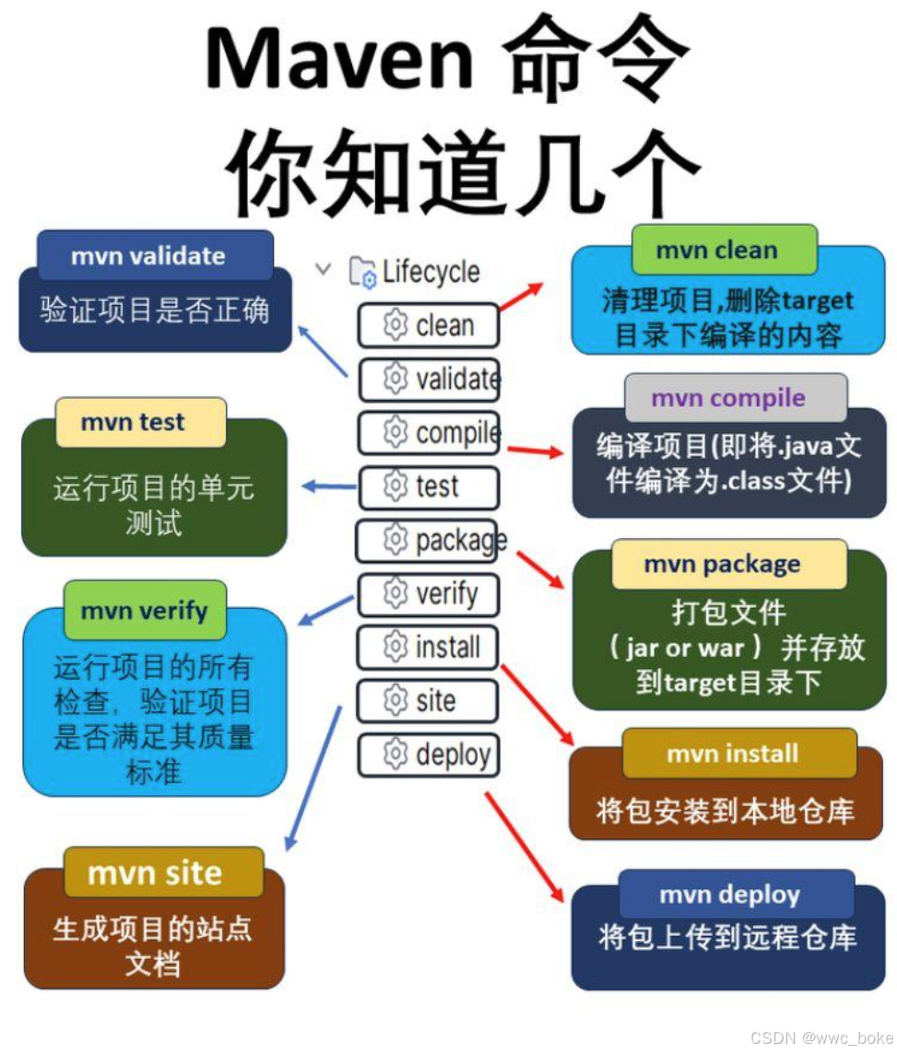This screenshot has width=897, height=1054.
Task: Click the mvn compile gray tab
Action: coord(735,398)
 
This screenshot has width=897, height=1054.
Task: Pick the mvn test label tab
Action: coord(140,422)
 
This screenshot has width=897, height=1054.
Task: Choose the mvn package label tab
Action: coord(728,564)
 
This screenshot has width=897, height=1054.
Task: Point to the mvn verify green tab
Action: coord(145,610)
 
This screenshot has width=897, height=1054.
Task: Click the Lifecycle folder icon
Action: coord(362,273)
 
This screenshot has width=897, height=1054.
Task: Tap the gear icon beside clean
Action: coord(395,325)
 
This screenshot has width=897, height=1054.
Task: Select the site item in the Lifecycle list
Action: coord(428,701)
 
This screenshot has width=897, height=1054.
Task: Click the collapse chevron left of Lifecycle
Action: coord(323,270)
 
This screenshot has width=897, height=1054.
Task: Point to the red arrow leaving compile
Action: coord(534,451)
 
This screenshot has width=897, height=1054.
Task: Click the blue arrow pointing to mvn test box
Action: coord(329,486)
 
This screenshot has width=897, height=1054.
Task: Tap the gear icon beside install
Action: coord(395,647)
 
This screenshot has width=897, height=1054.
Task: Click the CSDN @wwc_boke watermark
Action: coord(820,1037)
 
